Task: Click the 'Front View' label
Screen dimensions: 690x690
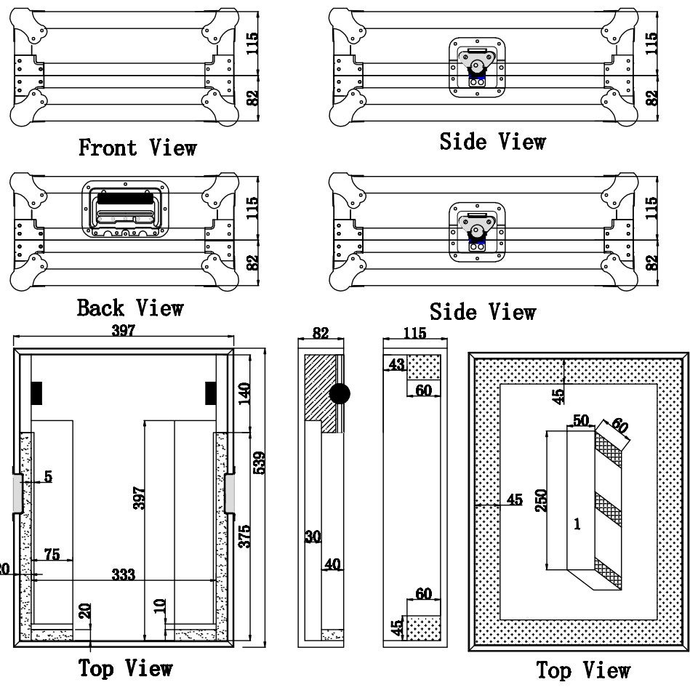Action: click(137, 148)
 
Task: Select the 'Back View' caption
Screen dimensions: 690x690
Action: click(130, 308)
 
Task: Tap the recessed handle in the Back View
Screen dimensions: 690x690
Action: click(125, 209)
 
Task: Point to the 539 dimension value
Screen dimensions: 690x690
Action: click(260, 462)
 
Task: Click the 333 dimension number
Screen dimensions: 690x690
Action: click(123, 574)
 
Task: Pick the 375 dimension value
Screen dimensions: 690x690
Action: click(244, 536)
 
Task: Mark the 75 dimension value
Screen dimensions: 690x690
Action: click(52, 554)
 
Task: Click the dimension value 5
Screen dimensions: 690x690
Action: click(49, 476)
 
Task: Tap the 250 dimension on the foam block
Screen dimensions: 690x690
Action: click(541, 500)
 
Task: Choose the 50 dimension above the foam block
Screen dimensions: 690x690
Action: click(581, 420)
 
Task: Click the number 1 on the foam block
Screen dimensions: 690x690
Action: click(577, 524)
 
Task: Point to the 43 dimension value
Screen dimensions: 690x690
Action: click(396, 364)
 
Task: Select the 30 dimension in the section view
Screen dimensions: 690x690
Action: click(313, 537)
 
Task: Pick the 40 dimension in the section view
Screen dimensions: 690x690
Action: click(333, 564)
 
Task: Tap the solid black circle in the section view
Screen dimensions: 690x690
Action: click(340, 393)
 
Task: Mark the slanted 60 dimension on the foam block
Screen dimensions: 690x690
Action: click(619, 425)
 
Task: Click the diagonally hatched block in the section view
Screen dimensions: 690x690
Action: click(319, 392)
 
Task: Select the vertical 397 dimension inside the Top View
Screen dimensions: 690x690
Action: click(139, 498)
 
